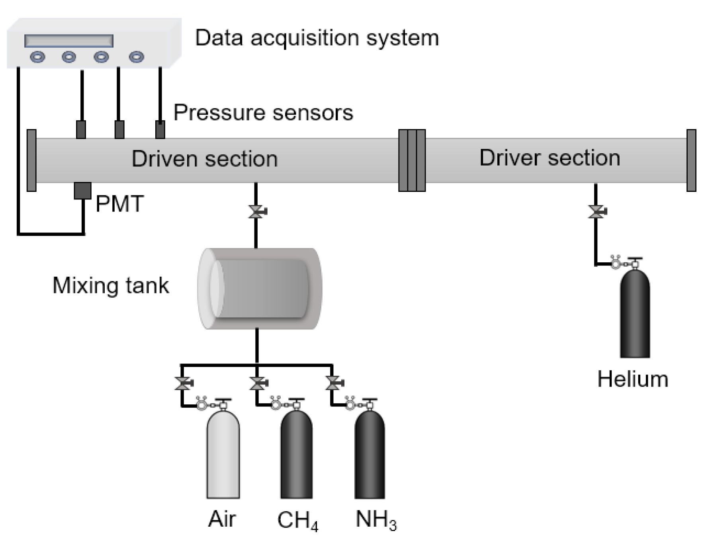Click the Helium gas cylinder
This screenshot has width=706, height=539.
click(x=634, y=314)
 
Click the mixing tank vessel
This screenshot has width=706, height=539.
click(x=260, y=289)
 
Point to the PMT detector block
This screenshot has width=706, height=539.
click(x=82, y=191)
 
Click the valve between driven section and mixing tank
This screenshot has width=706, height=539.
click(x=256, y=212)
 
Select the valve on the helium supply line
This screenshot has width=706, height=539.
click(x=596, y=212)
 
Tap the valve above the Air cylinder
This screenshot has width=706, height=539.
click(x=182, y=383)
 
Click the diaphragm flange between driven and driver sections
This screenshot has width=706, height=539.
click(x=412, y=160)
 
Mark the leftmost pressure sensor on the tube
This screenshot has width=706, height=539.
click(x=81, y=129)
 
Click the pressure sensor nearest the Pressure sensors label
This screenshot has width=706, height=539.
click(x=160, y=129)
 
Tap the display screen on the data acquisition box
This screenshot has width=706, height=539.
click(x=69, y=41)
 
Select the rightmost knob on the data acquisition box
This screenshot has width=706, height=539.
click(x=137, y=57)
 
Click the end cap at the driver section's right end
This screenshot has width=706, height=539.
click(x=691, y=160)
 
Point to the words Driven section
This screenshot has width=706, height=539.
click(x=204, y=159)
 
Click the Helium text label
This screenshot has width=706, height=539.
click(x=632, y=379)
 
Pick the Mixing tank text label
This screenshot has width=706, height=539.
click(x=111, y=286)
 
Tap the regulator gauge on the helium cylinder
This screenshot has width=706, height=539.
click(x=616, y=263)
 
